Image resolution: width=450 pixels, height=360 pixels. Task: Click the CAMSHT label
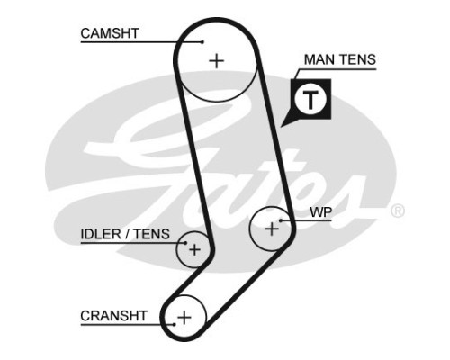point(110,33)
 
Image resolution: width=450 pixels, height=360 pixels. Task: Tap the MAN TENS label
point(340,59)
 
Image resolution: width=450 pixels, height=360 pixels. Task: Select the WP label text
point(321,212)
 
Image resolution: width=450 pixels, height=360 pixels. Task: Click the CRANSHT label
point(113,316)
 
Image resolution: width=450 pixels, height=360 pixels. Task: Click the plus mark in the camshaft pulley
point(216,61)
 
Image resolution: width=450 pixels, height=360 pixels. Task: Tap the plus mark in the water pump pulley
point(272,229)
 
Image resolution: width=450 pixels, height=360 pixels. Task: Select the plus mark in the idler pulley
point(194,249)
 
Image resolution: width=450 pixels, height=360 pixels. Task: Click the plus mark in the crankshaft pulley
point(184,317)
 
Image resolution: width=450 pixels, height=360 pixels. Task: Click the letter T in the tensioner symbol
point(310,99)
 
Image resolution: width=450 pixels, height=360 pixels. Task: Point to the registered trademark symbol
point(398,211)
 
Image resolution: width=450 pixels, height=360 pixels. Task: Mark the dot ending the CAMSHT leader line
point(202,42)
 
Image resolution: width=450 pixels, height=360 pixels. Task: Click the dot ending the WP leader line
point(281,220)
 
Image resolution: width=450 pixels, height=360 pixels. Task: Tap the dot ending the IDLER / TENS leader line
point(185,243)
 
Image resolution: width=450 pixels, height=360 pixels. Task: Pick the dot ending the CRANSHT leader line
point(174,324)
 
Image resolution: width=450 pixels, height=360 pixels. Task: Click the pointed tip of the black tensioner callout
point(281,127)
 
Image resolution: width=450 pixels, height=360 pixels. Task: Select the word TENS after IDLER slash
point(151,234)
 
